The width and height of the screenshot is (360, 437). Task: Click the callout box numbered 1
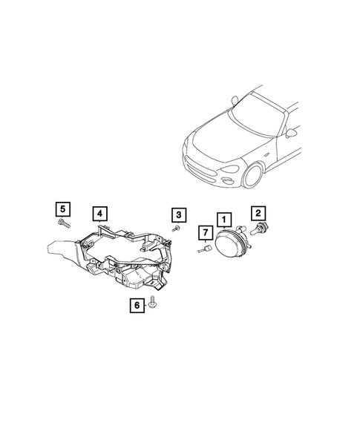[x=223, y=220]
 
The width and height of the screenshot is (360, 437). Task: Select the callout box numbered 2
[x=259, y=212]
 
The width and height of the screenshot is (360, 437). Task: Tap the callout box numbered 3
[x=178, y=215]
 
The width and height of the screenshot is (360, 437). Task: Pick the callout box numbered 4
[x=99, y=214]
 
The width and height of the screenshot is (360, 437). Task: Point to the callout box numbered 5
[x=62, y=207]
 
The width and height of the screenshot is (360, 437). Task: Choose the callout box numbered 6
[x=136, y=303]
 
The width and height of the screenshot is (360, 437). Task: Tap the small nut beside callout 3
[x=178, y=229]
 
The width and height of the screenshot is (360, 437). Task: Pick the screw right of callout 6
[x=151, y=303]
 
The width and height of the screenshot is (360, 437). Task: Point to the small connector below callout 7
[x=203, y=250]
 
